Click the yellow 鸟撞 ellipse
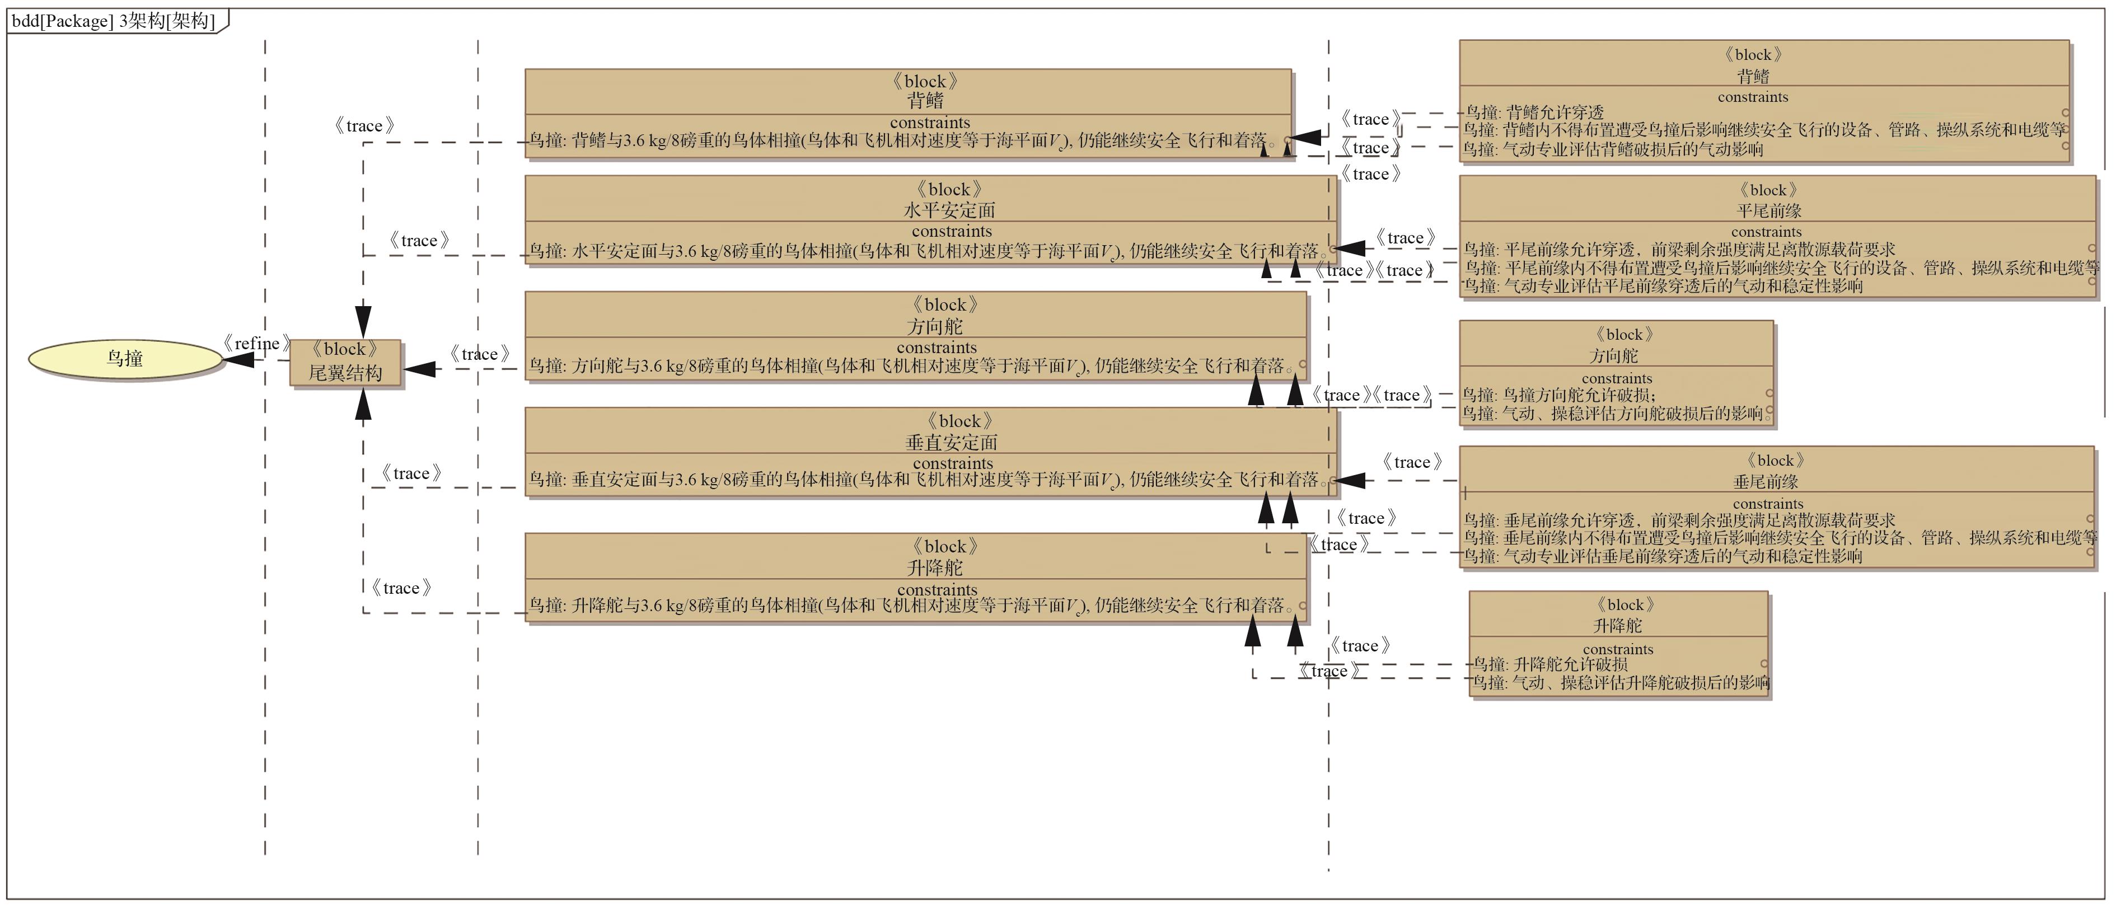[x=125, y=359]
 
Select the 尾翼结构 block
[x=345, y=362]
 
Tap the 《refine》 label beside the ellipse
[x=256, y=343]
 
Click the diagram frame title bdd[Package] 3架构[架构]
[x=113, y=21]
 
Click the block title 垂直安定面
[x=951, y=443]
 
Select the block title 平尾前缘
[x=1768, y=211]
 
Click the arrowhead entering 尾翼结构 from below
[x=363, y=404]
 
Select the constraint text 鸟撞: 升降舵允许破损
[x=1549, y=664]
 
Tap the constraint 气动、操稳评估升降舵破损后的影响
[x=1620, y=683]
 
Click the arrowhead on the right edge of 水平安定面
[x=1349, y=247]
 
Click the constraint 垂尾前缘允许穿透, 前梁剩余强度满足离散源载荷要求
[x=1679, y=520]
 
